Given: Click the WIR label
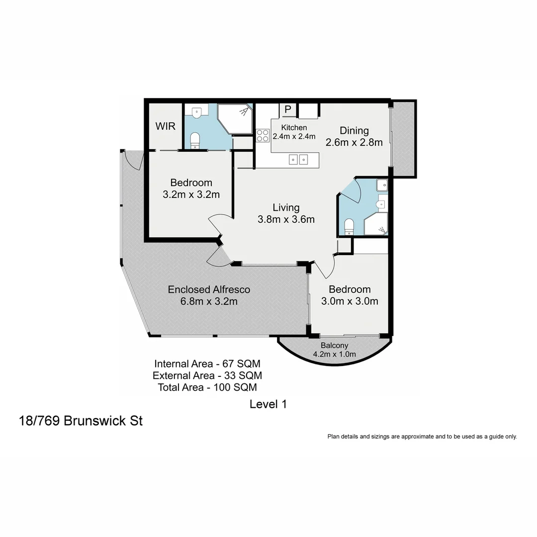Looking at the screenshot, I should (x=165, y=126).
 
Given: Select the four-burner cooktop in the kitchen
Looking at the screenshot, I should (x=262, y=136).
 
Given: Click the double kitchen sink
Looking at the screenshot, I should (x=299, y=160).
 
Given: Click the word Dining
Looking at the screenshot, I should (x=354, y=131).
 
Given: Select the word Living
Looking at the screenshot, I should (x=286, y=207).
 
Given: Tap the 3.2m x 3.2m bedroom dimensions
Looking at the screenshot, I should (x=191, y=195).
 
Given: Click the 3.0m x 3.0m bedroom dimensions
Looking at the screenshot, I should (x=350, y=301).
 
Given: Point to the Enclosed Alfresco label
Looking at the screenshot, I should (x=209, y=289).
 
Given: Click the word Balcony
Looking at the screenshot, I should (x=334, y=346).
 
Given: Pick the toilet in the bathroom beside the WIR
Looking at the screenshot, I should (x=195, y=139).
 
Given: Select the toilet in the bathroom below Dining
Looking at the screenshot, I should (x=349, y=226).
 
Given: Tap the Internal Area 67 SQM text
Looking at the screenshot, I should (x=207, y=363).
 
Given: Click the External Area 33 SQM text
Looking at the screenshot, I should (x=207, y=375).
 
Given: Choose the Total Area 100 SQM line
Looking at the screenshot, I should (x=207, y=387).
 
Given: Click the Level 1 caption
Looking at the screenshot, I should (x=268, y=404).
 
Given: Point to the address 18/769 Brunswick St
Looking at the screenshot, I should (x=81, y=421).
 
